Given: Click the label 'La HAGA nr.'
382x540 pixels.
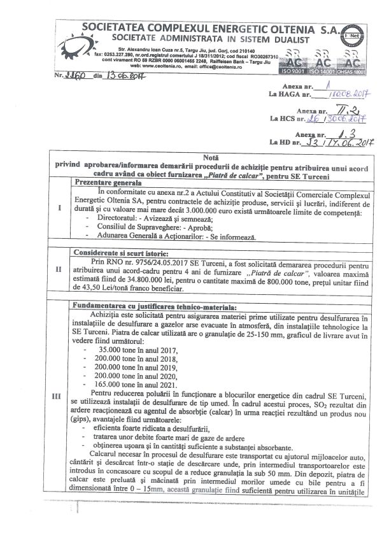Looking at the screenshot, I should click(x=290, y=94).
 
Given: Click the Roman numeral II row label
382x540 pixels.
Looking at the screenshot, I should click(x=59, y=269).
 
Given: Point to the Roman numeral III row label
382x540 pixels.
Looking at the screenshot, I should click(x=59, y=395).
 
